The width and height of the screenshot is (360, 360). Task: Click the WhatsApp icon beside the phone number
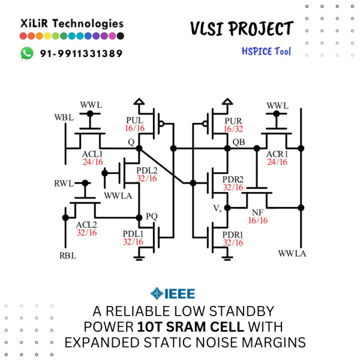[x=27, y=53]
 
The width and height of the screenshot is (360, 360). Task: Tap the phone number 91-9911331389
[x=81, y=53]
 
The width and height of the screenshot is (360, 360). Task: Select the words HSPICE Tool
[x=266, y=51]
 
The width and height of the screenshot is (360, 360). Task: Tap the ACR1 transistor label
[x=277, y=154]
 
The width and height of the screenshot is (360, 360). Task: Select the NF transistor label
[x=257, y=212]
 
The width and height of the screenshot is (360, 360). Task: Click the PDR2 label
[x=233, y=179]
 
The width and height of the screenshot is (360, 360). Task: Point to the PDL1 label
[x=133, y=233]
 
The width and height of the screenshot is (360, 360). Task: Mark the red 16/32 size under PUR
[x=233, y=129]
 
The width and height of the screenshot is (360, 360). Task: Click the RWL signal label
[x=64, y=183]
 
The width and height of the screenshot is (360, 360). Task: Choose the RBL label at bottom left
[x=67, y=256]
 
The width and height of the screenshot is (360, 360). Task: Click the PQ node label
[x=152, y=215]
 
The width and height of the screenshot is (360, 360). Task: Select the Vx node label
[x=217, y=208]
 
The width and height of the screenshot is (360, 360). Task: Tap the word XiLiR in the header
[x=35, y=23]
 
